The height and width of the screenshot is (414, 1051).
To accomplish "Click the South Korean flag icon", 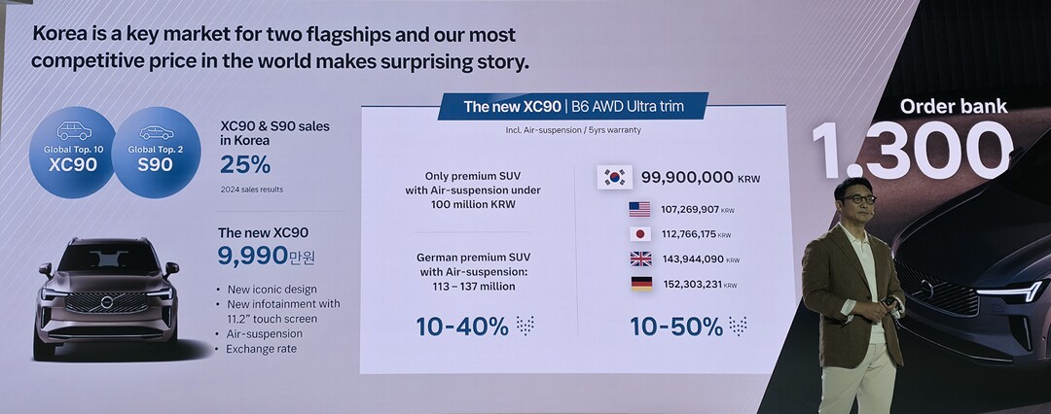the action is click(615, 177).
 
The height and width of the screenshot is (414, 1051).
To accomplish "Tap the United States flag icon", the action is click(639, 209).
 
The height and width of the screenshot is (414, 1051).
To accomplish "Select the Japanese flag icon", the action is click(640, 234).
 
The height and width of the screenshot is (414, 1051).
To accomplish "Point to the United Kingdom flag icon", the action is click(640, 259).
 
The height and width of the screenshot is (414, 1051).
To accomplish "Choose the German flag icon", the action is click(641, 284).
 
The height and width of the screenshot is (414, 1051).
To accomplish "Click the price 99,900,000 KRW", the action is click(701, 178).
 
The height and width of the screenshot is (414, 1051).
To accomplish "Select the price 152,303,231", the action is click(693, 284).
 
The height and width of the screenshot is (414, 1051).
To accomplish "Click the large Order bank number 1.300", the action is click(912, 151).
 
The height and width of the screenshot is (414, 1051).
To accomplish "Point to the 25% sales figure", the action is click(245, 164).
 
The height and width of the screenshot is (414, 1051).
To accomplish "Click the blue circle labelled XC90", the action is click(73, 152).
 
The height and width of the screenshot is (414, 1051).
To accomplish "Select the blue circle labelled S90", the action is click(156, 152).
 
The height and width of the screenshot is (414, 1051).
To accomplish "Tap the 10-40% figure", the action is click(462, 327).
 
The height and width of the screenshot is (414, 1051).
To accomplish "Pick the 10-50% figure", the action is click(676, 327).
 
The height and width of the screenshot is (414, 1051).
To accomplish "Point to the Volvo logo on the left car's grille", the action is click(107, 302).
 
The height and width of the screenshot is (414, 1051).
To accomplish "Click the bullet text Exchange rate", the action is click(261, 349).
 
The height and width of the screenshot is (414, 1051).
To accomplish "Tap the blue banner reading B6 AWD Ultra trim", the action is click(572, 106).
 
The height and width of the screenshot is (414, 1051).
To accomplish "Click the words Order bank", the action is click(953, 107).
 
